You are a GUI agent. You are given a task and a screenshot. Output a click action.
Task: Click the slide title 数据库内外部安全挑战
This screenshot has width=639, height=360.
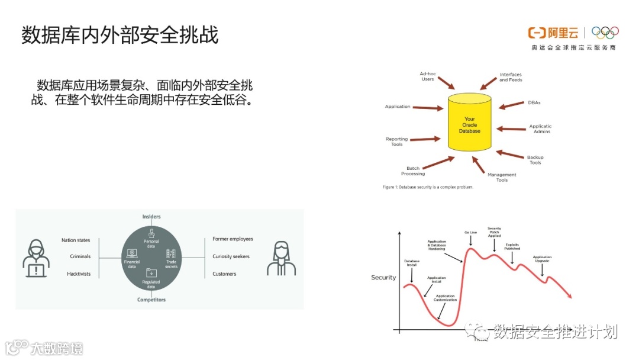pos(120,35)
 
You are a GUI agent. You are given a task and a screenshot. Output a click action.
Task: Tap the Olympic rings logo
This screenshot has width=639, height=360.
pos(605,33)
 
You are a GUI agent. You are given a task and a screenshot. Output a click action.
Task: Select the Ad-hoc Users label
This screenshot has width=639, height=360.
pos(427,76)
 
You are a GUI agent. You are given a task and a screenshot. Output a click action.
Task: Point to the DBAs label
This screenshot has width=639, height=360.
pos(534,102)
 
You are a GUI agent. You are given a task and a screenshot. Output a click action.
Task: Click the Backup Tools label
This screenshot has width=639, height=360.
pos(535,160)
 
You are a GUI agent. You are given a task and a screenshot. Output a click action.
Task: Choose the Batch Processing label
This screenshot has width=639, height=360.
pos(413,171)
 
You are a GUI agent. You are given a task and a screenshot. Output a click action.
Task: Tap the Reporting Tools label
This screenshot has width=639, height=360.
pos(396,142)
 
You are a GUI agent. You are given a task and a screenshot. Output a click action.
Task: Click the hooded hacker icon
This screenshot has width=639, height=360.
pos(35,258)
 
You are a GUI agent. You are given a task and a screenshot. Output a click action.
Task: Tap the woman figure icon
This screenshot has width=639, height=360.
pos(281,258)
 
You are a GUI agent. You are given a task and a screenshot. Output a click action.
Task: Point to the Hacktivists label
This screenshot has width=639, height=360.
pos(79,274)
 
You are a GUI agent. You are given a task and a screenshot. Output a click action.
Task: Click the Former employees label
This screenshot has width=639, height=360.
pos(233,239)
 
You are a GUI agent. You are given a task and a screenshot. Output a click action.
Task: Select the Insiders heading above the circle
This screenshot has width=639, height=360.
pos(151,217)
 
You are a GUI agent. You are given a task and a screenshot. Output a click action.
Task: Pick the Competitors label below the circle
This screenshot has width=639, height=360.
pos(151,300)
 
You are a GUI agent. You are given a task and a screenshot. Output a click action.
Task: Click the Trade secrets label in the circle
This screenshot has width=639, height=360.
pos(171,264)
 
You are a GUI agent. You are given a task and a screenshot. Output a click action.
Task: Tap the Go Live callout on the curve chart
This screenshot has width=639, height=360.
pos(470,233)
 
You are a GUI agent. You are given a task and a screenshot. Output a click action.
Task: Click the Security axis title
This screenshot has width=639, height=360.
pos(383,278)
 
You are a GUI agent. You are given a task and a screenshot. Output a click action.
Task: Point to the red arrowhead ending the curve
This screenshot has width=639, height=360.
pos(569,295)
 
